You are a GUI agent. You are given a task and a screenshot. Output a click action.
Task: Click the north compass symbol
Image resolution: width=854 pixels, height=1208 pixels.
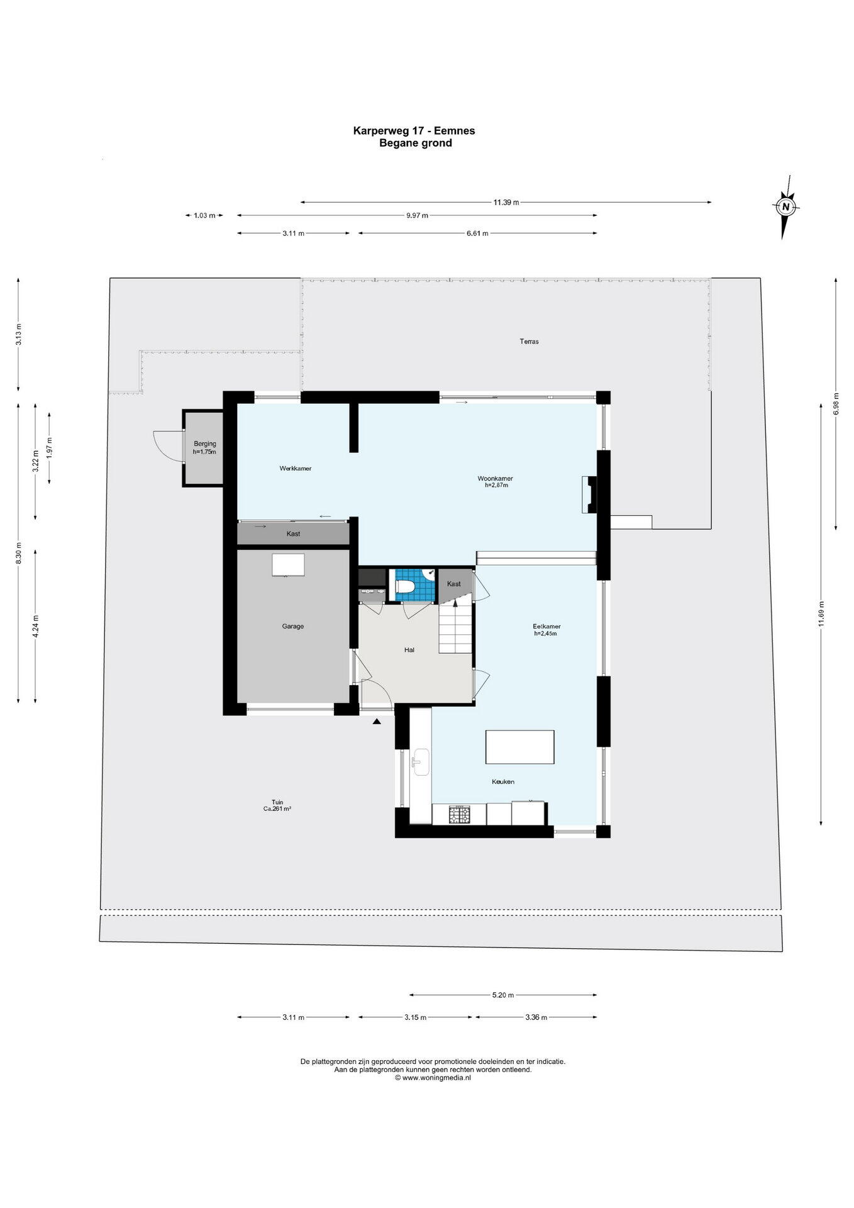785,206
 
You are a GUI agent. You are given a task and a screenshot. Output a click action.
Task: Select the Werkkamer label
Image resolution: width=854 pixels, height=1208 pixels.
296,468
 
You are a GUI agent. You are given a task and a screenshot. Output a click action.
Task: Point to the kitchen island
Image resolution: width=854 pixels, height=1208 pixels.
519,747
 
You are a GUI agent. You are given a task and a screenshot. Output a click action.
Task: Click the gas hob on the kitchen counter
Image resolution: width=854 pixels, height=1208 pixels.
459,814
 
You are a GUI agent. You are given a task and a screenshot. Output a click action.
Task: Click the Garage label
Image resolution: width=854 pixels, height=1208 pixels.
293,626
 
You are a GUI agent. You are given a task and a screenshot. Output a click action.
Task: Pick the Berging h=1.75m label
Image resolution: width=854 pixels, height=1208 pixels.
204,447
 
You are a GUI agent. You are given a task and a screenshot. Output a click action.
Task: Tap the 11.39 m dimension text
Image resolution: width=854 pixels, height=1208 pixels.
506,202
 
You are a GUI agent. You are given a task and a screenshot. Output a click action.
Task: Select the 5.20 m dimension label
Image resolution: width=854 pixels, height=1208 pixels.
503,995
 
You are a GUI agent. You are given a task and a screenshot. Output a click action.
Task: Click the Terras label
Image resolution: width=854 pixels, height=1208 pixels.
529,342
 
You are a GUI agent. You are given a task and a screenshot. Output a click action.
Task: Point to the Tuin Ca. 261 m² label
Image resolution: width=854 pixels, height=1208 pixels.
277,805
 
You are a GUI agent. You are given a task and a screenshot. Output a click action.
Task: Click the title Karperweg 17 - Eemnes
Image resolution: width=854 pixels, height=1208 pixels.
414,131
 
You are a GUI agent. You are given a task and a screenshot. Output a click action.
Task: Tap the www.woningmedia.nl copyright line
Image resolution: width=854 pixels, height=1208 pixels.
433,1077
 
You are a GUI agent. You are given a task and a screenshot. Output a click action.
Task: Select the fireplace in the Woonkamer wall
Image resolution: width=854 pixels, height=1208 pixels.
590,494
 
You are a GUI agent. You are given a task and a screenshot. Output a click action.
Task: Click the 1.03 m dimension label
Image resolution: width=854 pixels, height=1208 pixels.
204,215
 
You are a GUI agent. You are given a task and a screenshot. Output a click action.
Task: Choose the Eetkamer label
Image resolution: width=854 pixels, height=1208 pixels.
546,630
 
